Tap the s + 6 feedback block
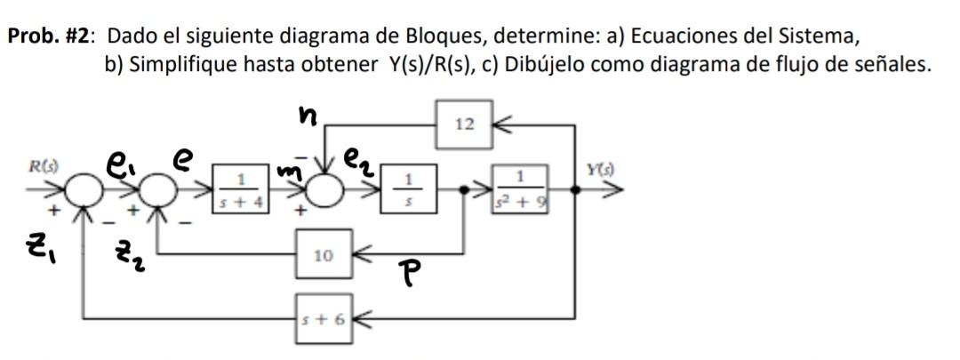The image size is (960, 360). [324, 316]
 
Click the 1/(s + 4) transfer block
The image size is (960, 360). [237, 190]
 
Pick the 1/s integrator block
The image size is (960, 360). [408, 190]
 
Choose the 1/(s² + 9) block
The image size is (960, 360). [517, 190]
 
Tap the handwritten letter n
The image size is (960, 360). [307, 116]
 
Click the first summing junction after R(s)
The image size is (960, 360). [84, 189]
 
